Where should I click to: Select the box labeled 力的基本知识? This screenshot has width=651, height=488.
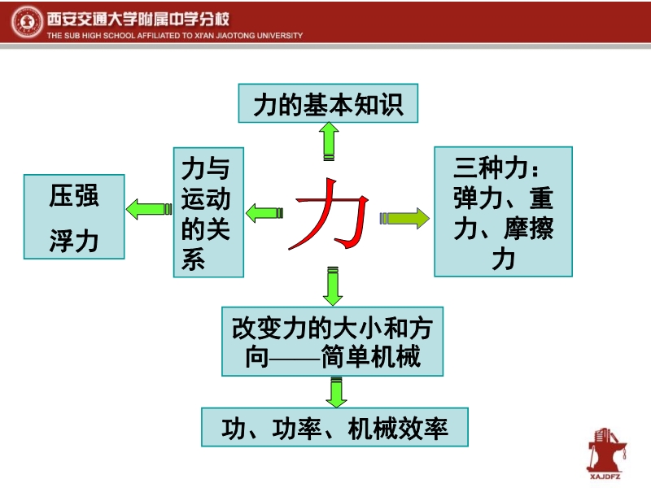(328, 104)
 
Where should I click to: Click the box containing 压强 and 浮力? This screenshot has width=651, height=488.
(74, 216)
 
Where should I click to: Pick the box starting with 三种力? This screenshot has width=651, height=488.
(503, 211)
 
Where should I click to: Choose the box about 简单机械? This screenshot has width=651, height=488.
(333, 341)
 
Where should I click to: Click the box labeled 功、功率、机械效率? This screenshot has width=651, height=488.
(334, 426)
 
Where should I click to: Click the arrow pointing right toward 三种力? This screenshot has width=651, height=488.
(404, 218)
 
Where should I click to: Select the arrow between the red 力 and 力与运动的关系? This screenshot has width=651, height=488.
(264, 214)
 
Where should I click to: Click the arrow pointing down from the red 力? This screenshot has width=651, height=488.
(332, 285)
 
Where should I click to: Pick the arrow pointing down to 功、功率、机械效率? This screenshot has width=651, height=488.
(334, 391)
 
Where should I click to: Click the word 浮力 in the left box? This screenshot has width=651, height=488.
(74, 241)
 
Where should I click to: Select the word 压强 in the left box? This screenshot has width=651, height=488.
(74, 195)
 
